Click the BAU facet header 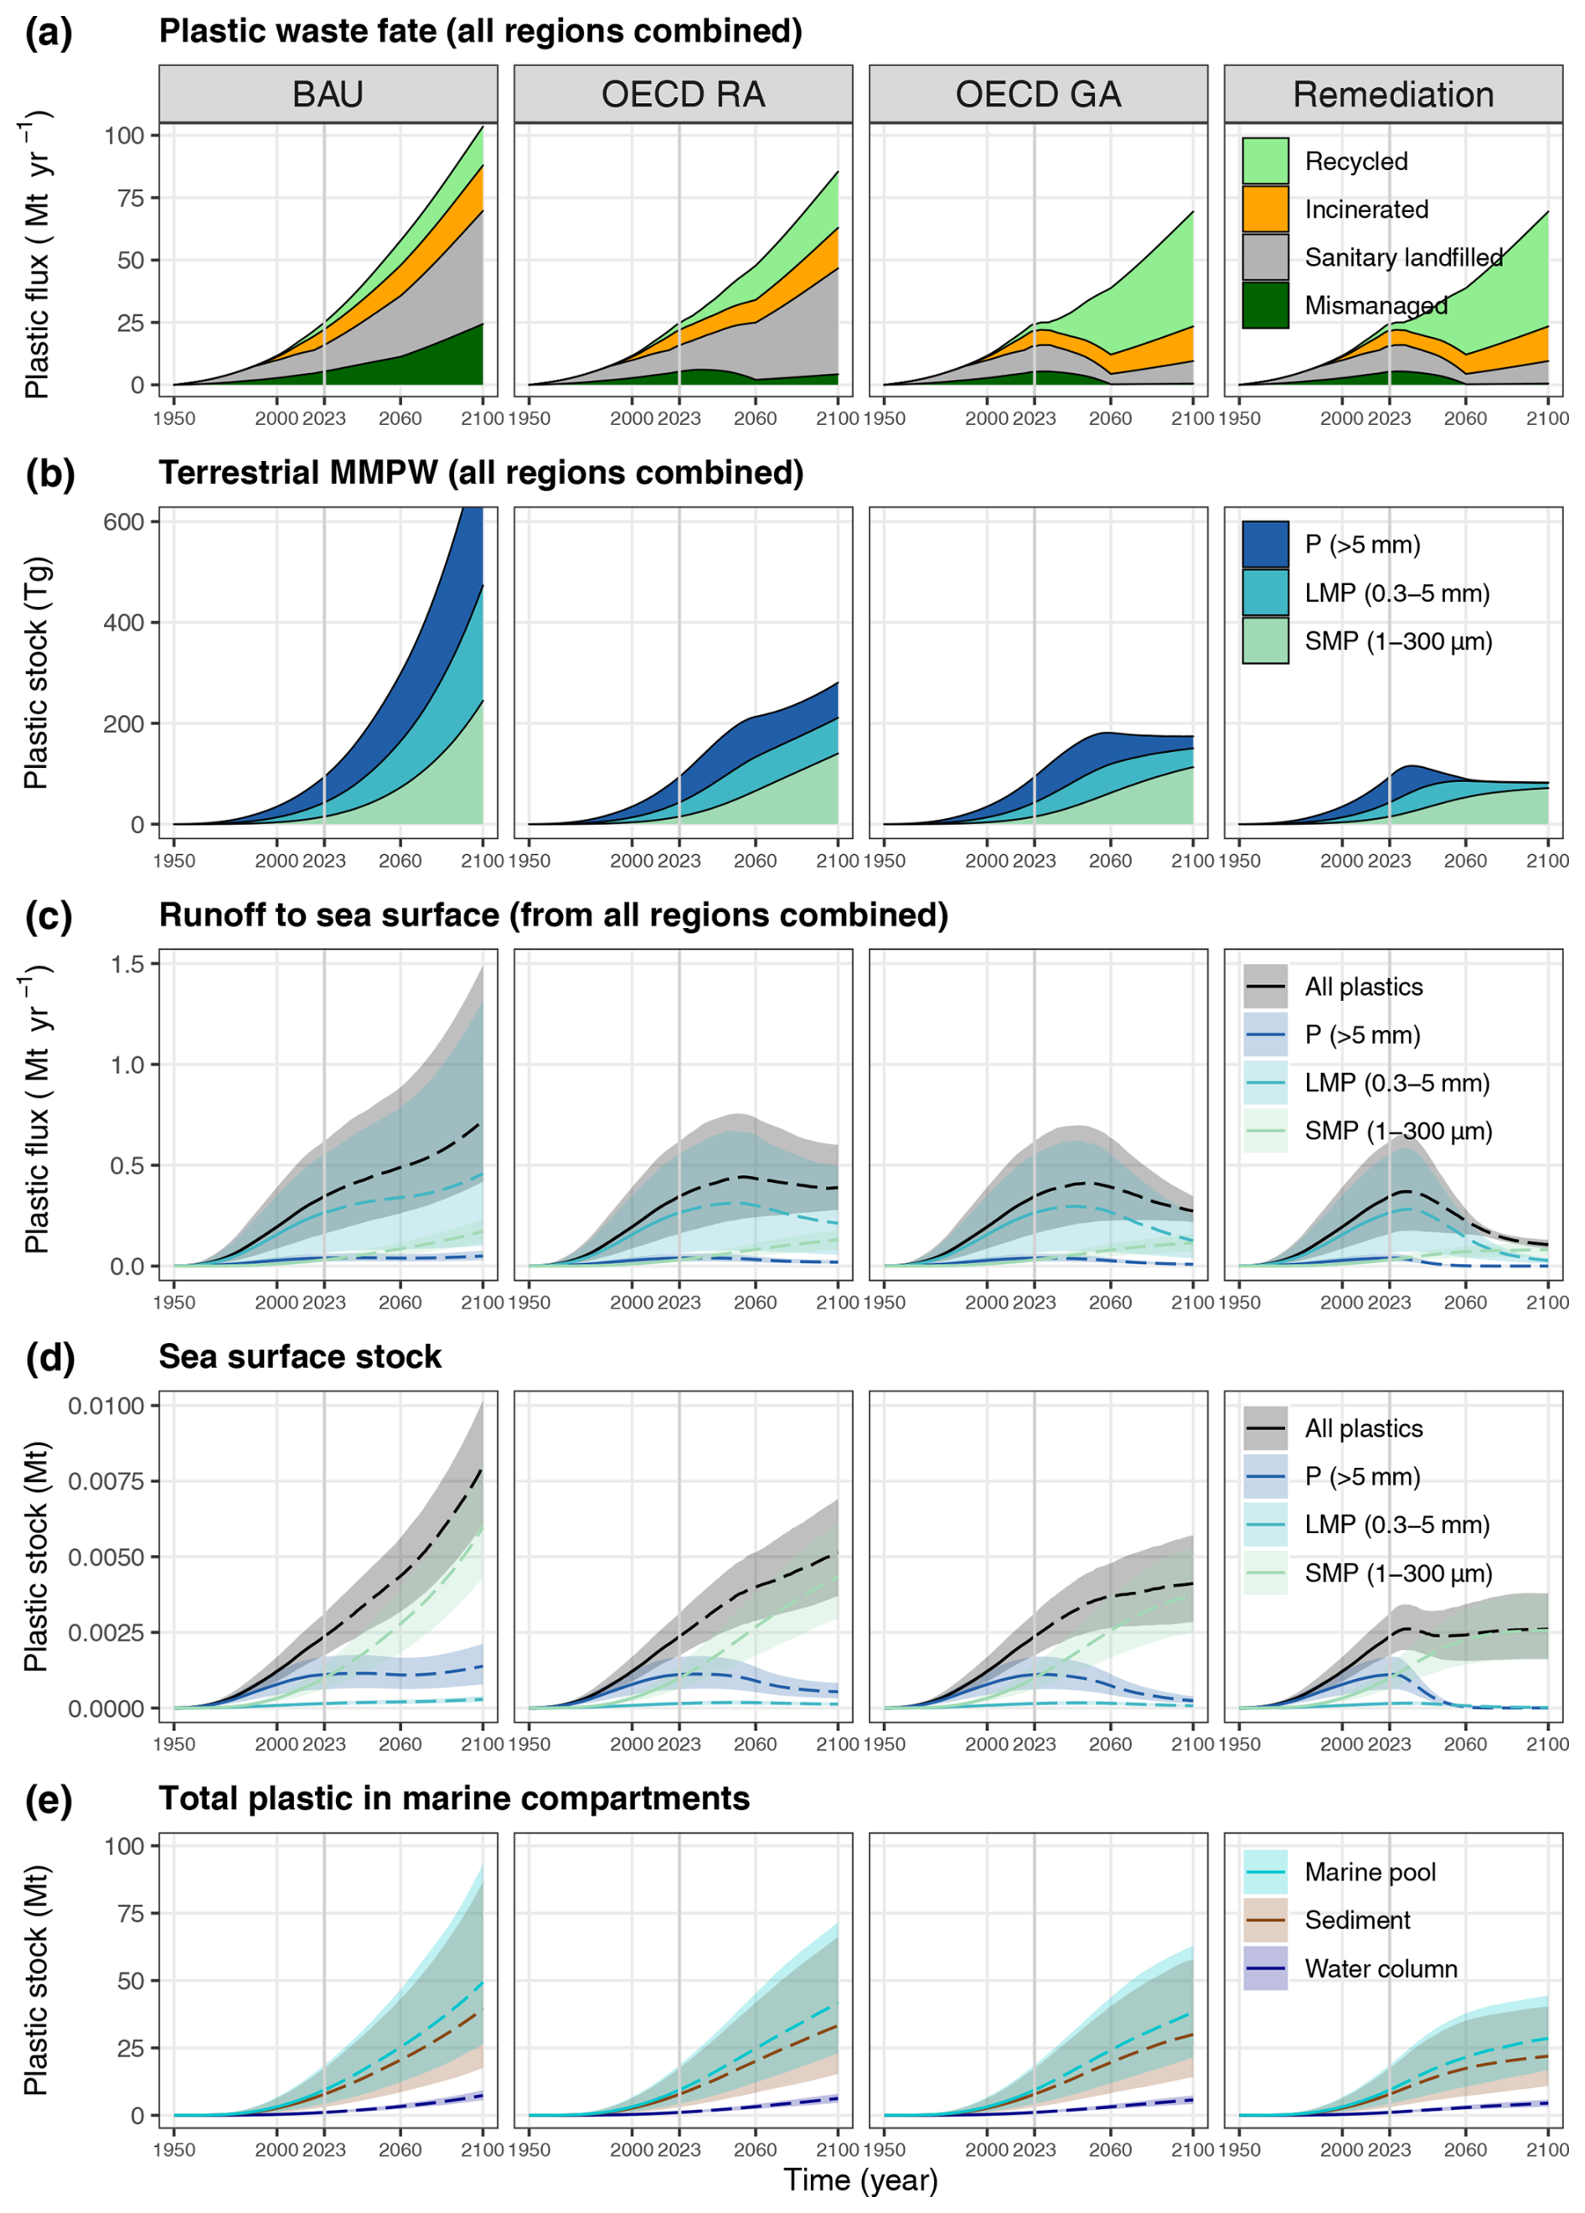pyautogui.click(x=328, y=95)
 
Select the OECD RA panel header pyautogui.click(x=683, y=95)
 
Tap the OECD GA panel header pyautogui.click(x=1038, y=95)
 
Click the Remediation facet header pyautogui.click(x=1393, y=95)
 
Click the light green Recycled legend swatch pyautogui.click(x=1265, y=161)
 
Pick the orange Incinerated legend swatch pyautogui.click(x=1265, y=209)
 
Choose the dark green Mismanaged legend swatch pyautogui.click(x=1265, y=305)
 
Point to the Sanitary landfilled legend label pyautogui.click(x=1403, y=257)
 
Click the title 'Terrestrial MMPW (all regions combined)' pyautogui.click(x=481, y=474)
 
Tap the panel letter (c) pyautogui.click(x=49, y=915)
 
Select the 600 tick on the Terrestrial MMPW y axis pyautogui.click(x=124, y=521)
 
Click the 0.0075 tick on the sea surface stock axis pyautogui.click(x=106, y=1481)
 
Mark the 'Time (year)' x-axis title pyautogui.click(x=860, y=2179)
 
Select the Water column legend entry pyautogui.click(x=1380, y=1968)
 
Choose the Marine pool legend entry pyautogui.click(x=1370, y=1872)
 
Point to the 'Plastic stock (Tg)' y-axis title pyautogui.click(x=36, y=673)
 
